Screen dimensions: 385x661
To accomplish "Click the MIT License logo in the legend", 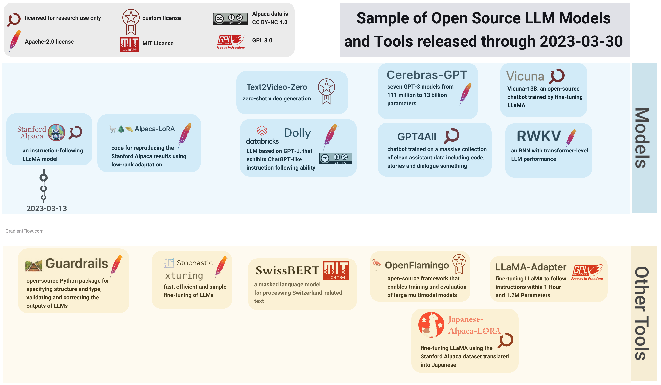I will [x=130, y=44].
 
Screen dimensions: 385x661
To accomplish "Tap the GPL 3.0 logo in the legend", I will [x=230, y=41].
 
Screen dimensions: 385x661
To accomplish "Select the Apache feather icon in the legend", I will [x=15, y=41].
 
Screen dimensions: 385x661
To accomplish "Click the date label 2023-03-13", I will [x=47, y=209].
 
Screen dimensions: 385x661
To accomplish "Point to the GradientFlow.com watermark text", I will [x=24, y=231].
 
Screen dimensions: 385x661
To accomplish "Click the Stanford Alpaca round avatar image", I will [x=56, y=133].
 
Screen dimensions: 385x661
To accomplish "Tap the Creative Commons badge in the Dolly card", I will [x=335, y=159].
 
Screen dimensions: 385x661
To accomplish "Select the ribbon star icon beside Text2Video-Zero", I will [x=326, y=91].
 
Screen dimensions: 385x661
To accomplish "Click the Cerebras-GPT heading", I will [x=427, y=75].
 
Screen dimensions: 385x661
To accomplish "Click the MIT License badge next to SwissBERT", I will [x=335, y=270].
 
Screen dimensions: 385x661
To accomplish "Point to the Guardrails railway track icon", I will [x=34, y=266].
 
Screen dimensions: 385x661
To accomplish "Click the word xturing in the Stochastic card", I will [x=184, y=276].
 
